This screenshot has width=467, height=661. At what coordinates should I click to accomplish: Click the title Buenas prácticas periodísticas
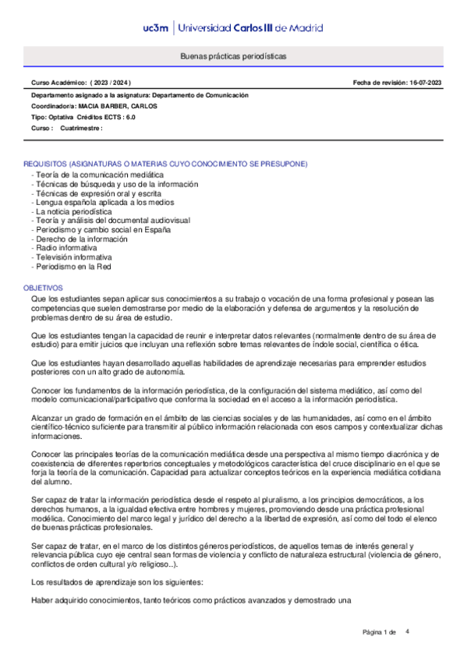coord(233,57)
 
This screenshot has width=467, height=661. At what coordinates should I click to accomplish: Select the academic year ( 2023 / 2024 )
coord(110,82)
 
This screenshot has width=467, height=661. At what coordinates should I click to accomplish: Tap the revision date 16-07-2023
coord(423,82)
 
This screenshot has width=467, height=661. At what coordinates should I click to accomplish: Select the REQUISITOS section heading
coord(165,164)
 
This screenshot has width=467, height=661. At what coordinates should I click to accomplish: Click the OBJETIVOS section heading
coord(44,288)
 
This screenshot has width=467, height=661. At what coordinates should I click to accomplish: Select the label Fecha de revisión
coord(376,82)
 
